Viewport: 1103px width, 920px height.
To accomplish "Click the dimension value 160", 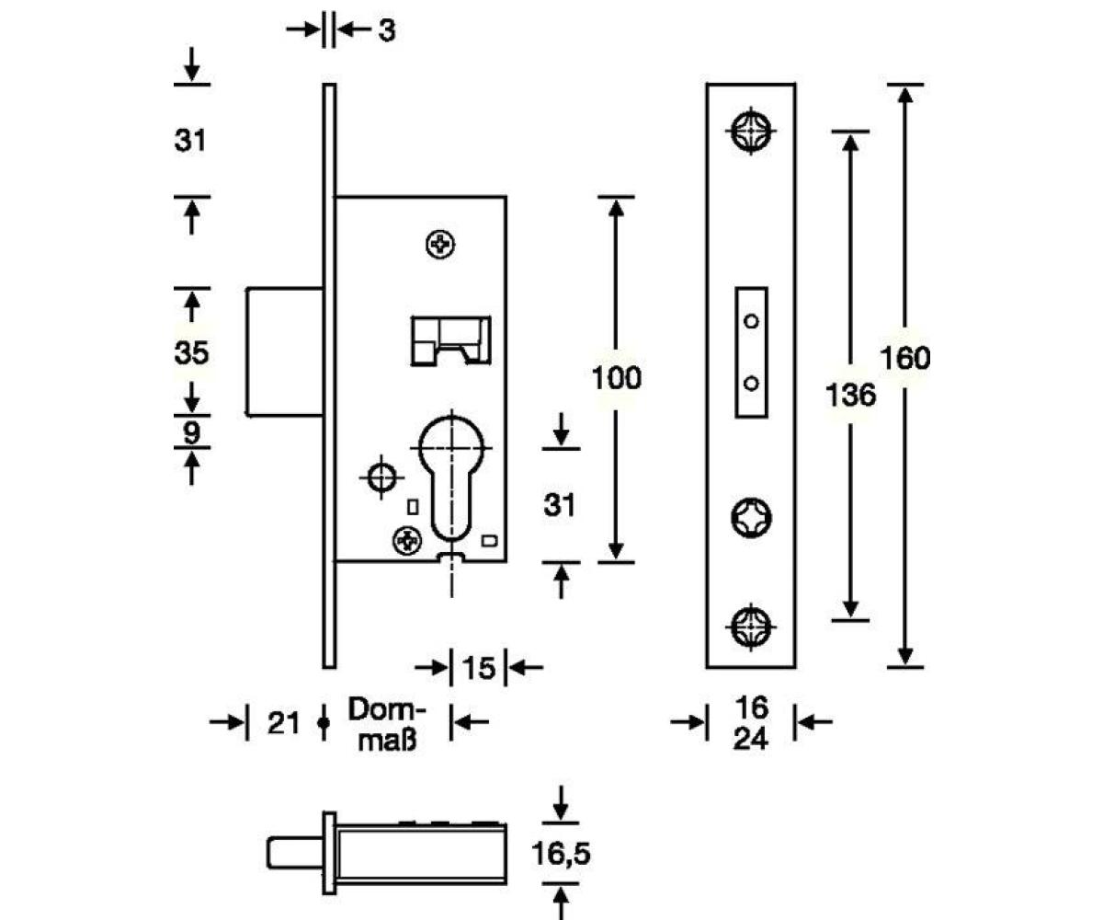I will click(906, 358).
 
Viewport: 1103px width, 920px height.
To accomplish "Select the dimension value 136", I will click(850, 396).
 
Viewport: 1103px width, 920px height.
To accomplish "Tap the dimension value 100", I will click(616, 378).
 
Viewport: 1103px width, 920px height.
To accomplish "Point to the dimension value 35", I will click(191, 352).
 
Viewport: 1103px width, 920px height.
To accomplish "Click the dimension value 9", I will click(191, 431).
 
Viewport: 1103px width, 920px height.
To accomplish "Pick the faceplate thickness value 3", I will click(386, 30).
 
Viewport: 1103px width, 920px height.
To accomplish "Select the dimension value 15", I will click(478, 668).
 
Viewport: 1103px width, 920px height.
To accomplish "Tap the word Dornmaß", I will click(387, 724).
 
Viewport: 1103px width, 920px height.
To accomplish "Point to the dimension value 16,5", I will click(561, 854).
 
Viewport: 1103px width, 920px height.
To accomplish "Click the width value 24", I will click(751, 738).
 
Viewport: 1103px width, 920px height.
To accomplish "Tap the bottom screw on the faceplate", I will click(751, 627).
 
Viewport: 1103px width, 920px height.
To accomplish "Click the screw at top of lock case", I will click(442, 245).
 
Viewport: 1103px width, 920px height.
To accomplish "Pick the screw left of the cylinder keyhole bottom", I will click(405, 540).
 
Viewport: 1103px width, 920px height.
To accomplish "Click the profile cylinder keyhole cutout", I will click(450, 478).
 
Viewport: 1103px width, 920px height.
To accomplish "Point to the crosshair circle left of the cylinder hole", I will click(379, 477).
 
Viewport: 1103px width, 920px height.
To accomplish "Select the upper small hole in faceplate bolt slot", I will click(751, 321).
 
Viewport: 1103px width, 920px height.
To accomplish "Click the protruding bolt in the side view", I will click(285, 352).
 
